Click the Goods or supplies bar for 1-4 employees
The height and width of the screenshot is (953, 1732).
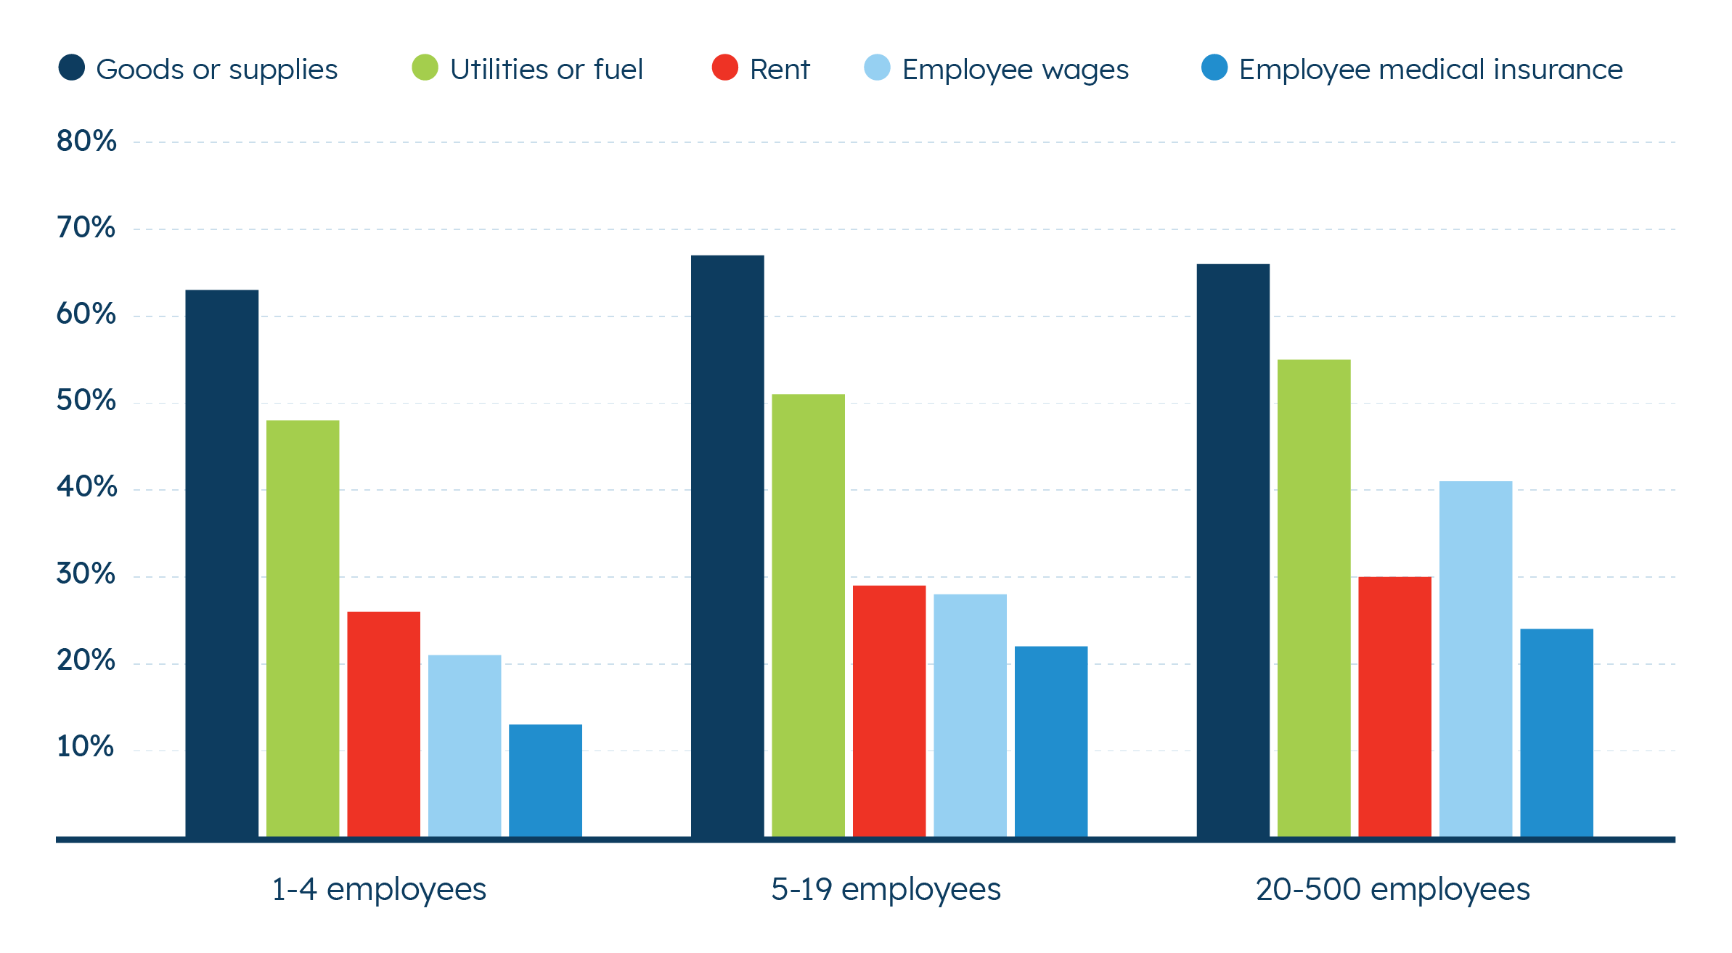221,563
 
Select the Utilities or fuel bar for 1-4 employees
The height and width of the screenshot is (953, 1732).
303,628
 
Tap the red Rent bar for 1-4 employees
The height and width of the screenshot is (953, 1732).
383,724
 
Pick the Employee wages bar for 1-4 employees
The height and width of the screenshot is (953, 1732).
465,745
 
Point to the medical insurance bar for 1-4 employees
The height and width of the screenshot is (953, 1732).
545,780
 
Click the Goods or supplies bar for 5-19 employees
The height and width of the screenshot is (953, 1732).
727,545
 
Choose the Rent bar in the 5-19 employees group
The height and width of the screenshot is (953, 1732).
889,711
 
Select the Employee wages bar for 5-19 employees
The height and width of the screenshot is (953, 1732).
970,715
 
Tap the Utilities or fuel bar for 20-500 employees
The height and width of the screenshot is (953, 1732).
1314,597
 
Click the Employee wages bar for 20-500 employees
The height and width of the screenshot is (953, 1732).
1476,658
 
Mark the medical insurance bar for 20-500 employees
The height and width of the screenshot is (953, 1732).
1556,732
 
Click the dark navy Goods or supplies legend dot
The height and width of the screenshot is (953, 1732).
71,68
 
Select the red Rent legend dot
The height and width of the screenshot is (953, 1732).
724,68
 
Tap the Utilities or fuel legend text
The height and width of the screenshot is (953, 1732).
546,70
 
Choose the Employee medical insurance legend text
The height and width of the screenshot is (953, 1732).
1431,70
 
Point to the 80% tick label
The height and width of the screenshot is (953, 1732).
86,141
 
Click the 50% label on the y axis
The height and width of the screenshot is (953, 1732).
86,401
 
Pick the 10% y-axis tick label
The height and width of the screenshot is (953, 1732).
86,747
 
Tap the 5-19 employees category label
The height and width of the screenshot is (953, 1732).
886,889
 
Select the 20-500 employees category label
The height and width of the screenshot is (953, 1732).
1392,889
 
